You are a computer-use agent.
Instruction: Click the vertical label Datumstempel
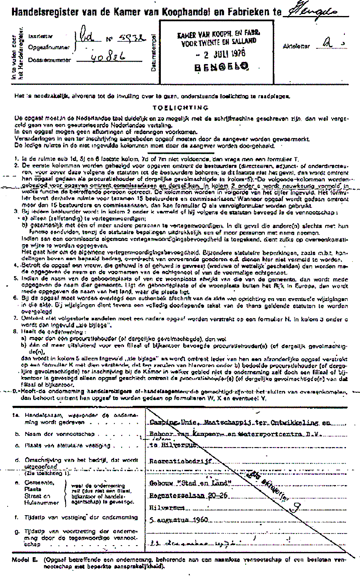(153, 52)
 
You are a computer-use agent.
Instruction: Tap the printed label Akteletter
(296, 46)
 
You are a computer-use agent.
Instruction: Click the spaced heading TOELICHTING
(180, 108)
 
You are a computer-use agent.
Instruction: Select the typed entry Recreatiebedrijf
(180, 461)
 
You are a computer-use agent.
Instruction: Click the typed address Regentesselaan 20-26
(188, 496)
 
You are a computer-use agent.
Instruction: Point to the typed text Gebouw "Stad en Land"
(190, 483)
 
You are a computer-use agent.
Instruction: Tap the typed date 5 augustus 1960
(179, 520)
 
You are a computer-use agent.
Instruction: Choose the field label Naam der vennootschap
(60, 434)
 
